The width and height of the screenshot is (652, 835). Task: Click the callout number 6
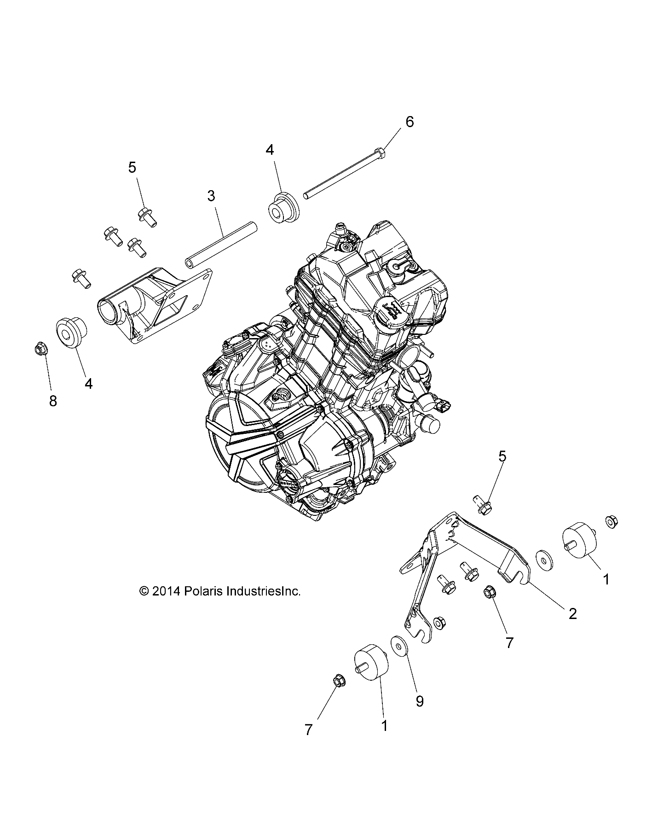pyautogui.click(x=409, y=122)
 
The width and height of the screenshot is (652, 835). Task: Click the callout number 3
pyautogui.click(x=211, y=196)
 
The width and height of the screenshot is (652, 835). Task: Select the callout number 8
pyautogui.click(x=53, y=401)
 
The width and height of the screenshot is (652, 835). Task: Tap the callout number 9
pyautogui.click(x=419, y=701)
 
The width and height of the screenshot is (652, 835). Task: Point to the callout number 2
pyautogui.click(x=573, y=613)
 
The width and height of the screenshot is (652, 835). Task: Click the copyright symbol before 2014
pyautogui.click(x=144, y=591)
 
